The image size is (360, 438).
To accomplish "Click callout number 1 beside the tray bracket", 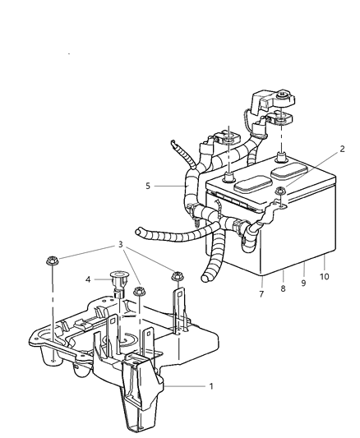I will (x=212, y=385).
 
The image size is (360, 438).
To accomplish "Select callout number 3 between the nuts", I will (x=120, y=245).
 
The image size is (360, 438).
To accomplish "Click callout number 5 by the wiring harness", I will (x=149, y=186).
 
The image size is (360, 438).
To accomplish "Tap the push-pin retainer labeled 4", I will (x=118, y=280).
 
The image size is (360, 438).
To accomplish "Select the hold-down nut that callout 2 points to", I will (x=280, y=195).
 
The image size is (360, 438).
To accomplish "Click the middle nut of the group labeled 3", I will (x=139, y=290).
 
